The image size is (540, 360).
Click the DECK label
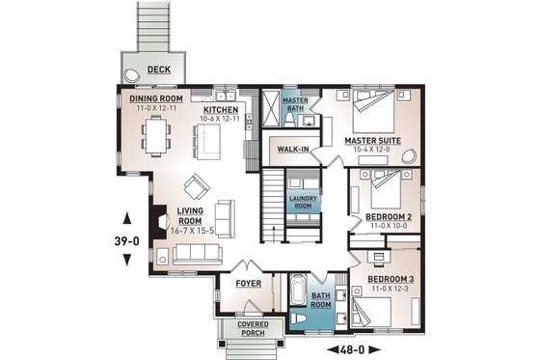[160, 69]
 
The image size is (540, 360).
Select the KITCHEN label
[222, 110]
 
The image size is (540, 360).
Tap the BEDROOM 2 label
[389, 217]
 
